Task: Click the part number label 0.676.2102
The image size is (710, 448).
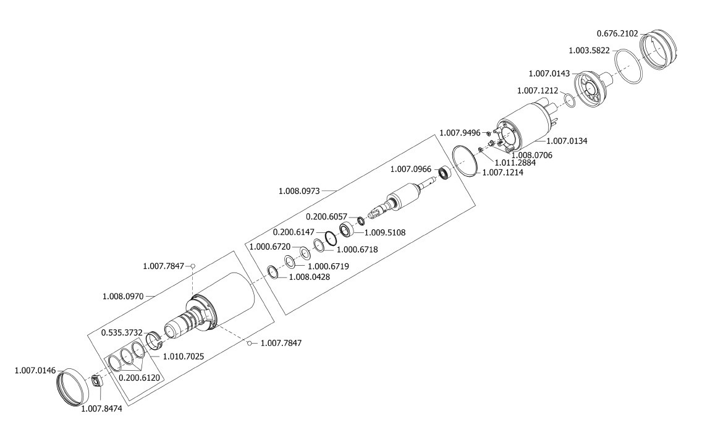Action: click(617, 33)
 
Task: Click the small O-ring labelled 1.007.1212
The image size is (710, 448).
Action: click(570, 101)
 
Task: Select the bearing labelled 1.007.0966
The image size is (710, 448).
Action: click(445, 174)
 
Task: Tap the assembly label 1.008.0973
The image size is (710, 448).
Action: click(300, 191)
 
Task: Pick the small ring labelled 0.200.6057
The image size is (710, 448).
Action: click(360, 220)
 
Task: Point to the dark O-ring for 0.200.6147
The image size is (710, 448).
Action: click(329, 237)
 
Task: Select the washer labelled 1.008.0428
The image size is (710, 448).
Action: click(273, 272)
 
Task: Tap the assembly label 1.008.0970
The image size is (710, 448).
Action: click(123, 296)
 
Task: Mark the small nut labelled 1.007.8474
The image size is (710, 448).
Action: click(96, 381)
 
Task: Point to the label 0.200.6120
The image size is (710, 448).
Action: click(139, 376)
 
